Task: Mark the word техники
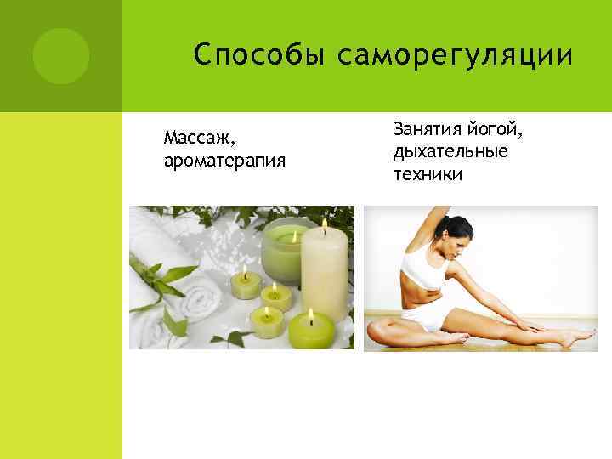tap(428, 174)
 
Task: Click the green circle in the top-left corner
tap(60, 55)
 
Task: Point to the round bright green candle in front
tap(310, 332)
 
